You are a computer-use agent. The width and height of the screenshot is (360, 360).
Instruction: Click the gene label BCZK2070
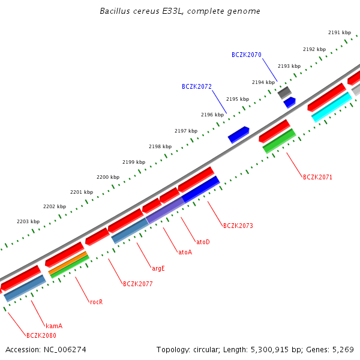[x=246, y=55]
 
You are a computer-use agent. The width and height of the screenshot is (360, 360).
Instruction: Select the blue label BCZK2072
[x=196, y=87]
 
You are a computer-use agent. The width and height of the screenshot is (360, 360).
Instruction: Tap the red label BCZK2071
[x=317, y=178]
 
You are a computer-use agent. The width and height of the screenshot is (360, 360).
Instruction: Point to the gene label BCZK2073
[x=238, y=226]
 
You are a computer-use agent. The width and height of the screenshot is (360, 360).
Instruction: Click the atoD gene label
[x=203, y=242]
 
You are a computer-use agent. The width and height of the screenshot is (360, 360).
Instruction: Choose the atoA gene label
[x=185, y=253]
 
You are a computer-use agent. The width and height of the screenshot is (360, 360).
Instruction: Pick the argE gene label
[x=158, y=268]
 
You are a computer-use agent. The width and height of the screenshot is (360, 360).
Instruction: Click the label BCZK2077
[x=137, y=284]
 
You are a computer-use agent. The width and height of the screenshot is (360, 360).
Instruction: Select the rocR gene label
[x=96, y=302]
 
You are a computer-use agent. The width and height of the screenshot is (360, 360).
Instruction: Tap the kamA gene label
[x=54, y=326]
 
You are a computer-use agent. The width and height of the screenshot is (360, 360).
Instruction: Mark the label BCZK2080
[x=41, y=335]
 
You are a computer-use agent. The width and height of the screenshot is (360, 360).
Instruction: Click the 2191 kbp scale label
[x=340, y=32]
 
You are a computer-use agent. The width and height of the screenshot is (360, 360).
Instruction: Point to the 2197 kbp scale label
[x=186, y=131]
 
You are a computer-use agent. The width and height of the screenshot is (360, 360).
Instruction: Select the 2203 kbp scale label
[x=28, y=221]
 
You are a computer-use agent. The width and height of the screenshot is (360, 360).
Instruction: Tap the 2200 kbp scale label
[x=108, y=177]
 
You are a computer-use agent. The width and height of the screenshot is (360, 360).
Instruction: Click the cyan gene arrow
[x=331, y=107]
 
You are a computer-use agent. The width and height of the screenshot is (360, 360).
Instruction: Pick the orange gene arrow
[x=68, y=265]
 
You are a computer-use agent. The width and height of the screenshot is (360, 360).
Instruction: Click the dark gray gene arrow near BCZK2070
[x=284, y=92]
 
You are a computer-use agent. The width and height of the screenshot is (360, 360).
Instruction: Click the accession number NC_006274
[x=46, y=349]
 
